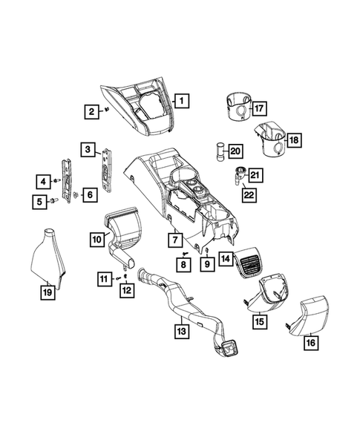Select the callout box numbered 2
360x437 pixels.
pos(91,112)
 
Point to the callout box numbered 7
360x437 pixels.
pos(175,240)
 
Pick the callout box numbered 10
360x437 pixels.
pos(96,239)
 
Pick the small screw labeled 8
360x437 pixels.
pos(184,254)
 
